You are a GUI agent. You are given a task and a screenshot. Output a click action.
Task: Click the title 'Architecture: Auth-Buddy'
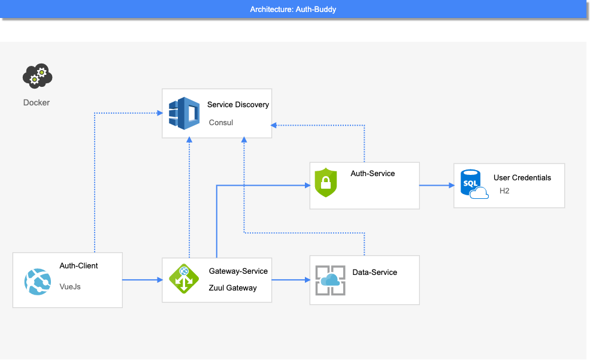click(x=293, y=10)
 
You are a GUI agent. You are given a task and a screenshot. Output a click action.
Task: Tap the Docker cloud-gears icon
click(x=37, y=76)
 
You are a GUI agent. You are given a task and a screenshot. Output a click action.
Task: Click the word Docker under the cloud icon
click(x=37, y=102)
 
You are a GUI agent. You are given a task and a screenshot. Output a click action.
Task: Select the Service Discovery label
click(x=238, y=105)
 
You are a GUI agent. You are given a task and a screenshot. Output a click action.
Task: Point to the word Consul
click(x=221, y=123)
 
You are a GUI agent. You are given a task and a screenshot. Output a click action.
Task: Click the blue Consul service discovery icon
click(x=184, y=113)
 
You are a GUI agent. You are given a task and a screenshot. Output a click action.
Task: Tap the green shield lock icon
click(x=326, y=183)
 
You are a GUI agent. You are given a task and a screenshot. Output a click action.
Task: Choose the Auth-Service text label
click(x=373, y=174)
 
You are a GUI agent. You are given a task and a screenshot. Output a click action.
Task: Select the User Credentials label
click(x=522, y=177)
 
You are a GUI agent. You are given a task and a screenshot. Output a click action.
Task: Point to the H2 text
click(x=504, y=190)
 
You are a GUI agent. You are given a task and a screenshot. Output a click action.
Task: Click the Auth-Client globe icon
click(x=38, y=282)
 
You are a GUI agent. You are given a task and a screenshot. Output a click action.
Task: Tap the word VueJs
click(x=70, y=287)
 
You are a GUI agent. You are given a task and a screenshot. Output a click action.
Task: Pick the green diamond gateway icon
click(x=184, y=279)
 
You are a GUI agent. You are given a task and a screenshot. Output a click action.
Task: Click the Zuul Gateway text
click(x=232, y=288)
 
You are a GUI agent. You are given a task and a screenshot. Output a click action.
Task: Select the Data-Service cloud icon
click(x=331, y=280)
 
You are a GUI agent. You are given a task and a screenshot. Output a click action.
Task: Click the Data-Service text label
click(x=374, y=273)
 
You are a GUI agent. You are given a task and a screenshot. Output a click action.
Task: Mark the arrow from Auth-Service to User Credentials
click(x=437, y=186)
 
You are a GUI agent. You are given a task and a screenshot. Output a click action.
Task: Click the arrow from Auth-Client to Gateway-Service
click(x=143, y=280)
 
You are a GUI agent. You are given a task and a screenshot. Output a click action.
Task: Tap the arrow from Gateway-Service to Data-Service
click(x=291, y=280)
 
